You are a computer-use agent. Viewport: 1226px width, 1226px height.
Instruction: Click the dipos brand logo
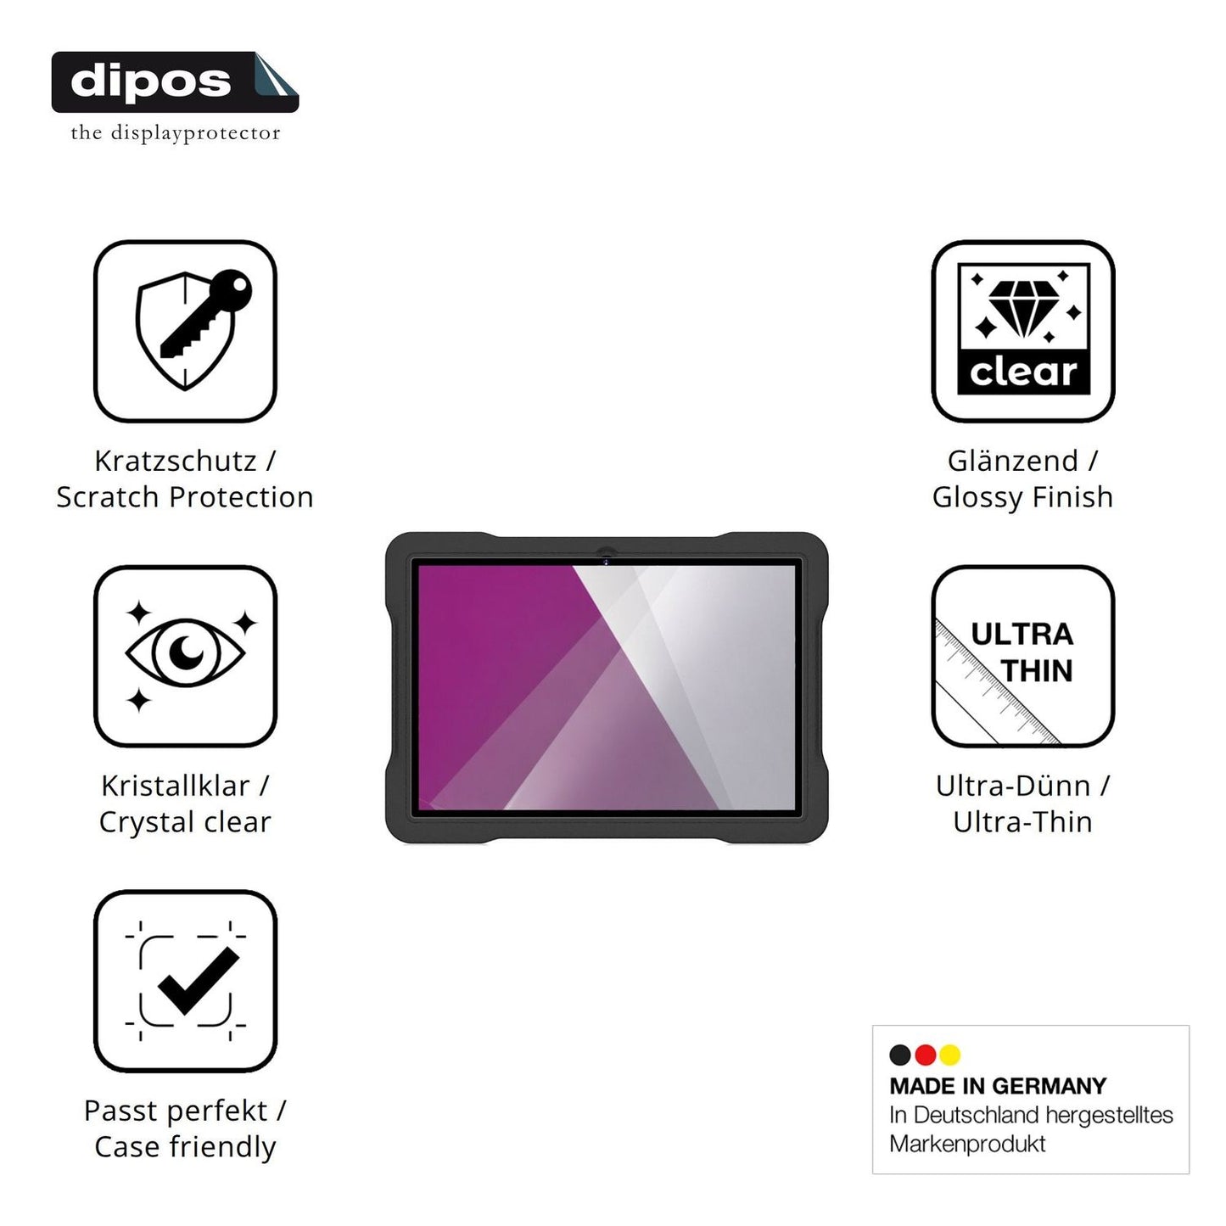(175, 82)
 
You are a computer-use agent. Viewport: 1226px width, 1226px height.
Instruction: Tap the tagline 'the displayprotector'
(175, 133)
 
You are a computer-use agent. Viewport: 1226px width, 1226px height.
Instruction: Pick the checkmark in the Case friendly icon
(199, 981)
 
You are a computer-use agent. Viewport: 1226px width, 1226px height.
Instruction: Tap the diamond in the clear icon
(1023, 309)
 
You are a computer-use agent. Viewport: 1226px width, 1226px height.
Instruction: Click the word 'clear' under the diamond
(1023, 372)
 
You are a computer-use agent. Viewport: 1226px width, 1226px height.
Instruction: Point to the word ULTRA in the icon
(1022, 635)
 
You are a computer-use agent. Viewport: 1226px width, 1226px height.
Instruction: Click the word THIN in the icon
(1037, 671)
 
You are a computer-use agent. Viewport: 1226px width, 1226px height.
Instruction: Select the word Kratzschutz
(176, 461)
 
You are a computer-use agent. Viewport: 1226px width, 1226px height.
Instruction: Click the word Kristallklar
(176, 786)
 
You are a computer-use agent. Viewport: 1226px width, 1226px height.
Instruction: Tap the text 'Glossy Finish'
(1022, 498)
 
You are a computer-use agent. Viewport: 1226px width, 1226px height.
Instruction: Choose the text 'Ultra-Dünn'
(1013, 786)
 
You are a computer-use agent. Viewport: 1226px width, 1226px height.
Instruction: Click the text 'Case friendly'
(185, 1147)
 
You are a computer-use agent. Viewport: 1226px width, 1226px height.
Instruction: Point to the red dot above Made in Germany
(925, 1055)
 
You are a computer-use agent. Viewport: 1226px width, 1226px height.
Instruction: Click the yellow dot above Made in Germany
(950, 1055)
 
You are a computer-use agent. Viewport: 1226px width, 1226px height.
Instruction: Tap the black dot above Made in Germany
(900, 1055)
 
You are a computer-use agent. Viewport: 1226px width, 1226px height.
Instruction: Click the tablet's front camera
(606, 561)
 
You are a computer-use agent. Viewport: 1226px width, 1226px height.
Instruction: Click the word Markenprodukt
(967, 1144)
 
